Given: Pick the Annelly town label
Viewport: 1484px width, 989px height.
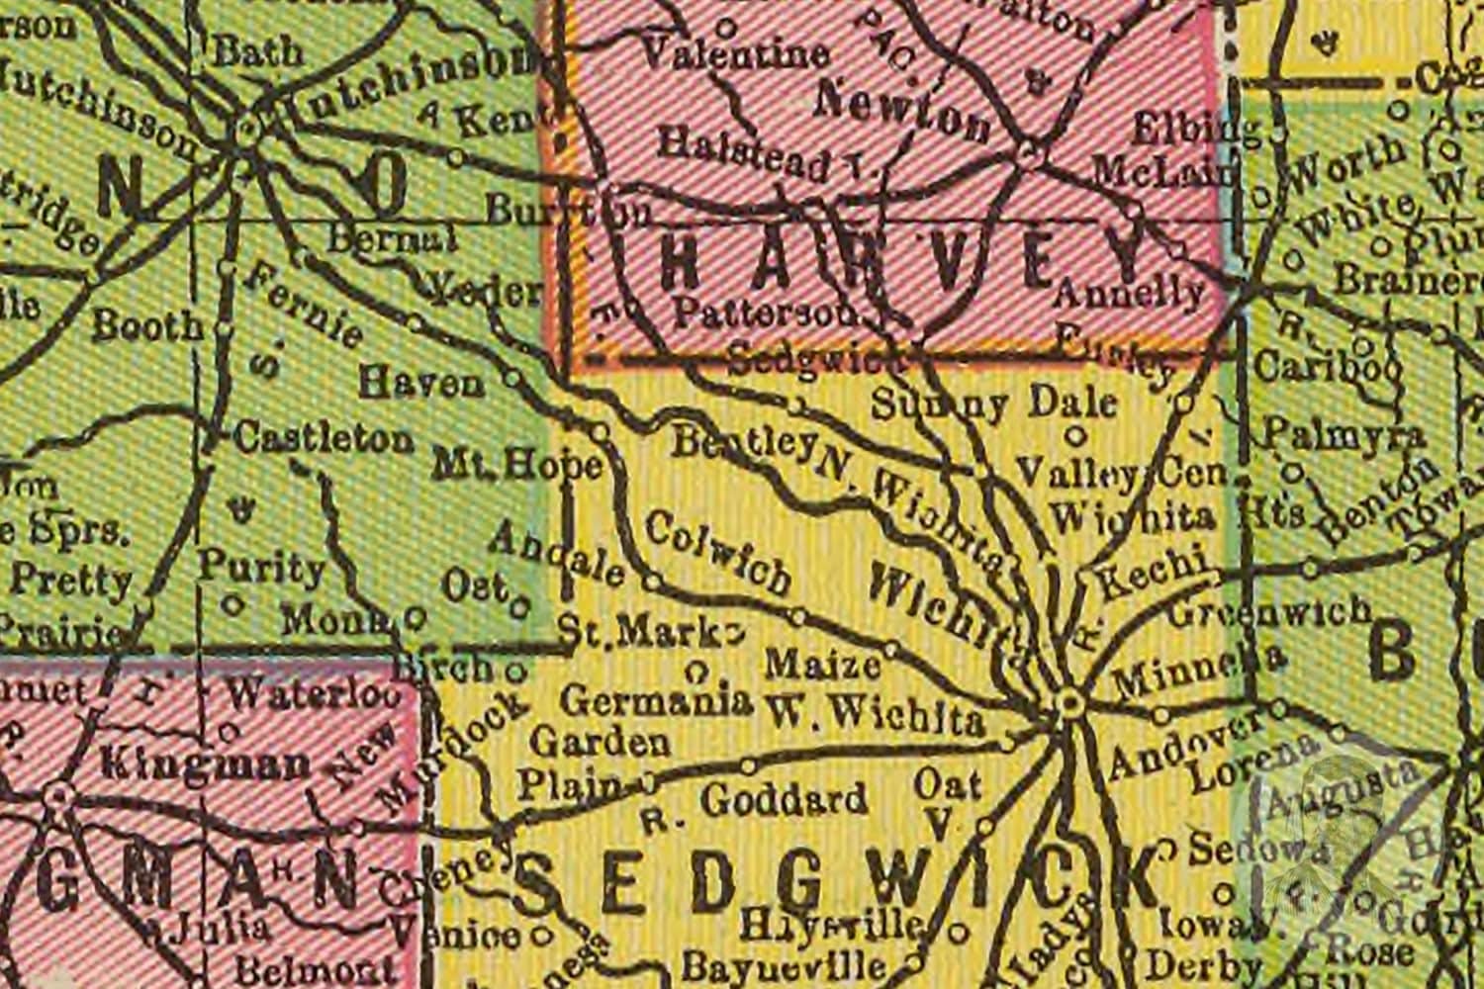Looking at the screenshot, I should click(x=1129, y=292).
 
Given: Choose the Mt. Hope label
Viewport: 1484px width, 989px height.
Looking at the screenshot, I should click(x=519, y=463).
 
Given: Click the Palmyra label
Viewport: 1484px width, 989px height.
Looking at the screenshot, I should click(x=1345, y=435).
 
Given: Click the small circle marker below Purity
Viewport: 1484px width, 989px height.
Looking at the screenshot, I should click(x=233, y=601).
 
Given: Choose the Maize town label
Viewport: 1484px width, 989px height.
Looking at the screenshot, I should click(x=823, y=664).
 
